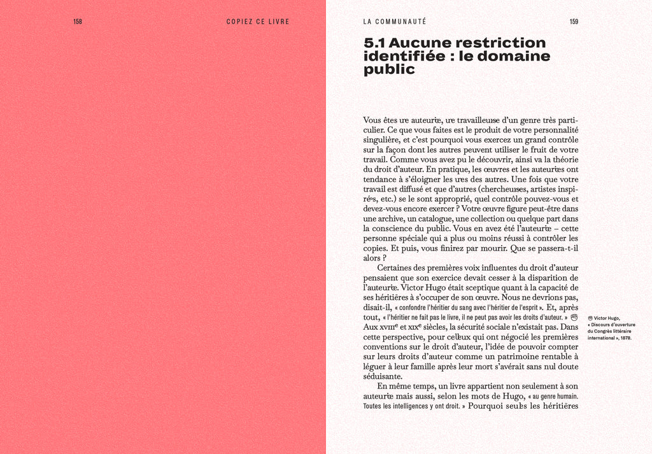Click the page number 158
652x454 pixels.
pyautogui.click(x=78, y=22)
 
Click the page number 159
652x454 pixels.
pyautogui.click(x=574, y=22)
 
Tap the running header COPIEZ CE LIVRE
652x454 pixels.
pyautogui.click(x=258, y=22)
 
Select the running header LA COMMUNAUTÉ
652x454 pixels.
pyautogui.click(x=395, y=22)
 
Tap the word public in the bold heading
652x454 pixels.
pyautogui.click(x=389, y=70)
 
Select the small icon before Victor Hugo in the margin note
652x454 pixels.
pyautogui.click(x=590, y=318)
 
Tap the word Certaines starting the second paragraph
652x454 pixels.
pyautogui.click(x=395, y=268)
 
